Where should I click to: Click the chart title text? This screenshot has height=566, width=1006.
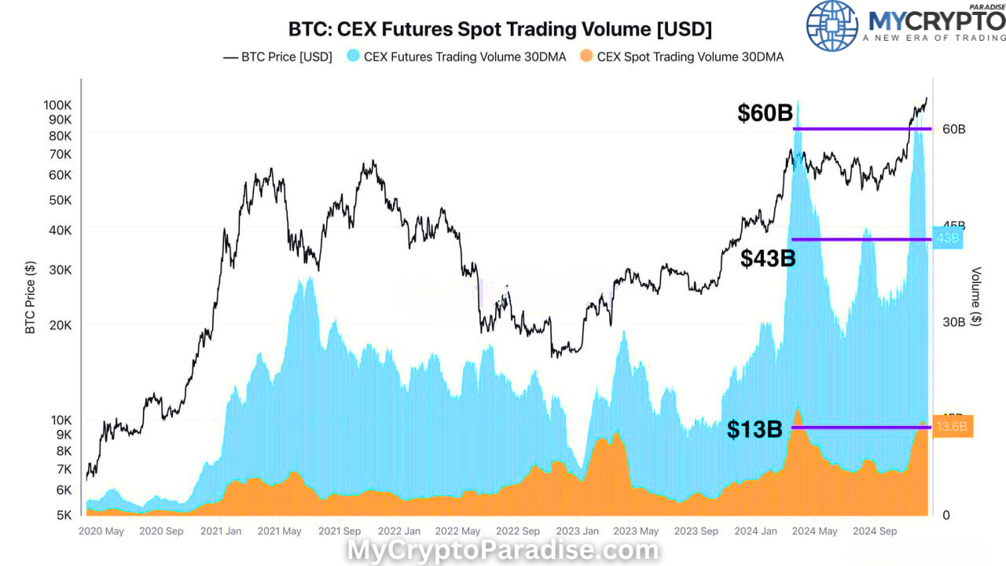tap(500, 30)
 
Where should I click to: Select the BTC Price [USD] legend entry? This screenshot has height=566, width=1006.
tap(278, 57)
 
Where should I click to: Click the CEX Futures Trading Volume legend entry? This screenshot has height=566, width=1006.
tap(456, 57)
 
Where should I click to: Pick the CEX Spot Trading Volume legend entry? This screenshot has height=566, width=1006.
tap(681, 57)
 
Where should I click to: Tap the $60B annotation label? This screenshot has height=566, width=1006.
tap(765, 114)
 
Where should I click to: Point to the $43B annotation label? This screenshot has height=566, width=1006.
tap(768, 258)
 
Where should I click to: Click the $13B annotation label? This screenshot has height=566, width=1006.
tap(754, 429)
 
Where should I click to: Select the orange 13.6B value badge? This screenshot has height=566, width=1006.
tap(952, 427)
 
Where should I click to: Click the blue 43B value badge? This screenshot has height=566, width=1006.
tap(947, 238)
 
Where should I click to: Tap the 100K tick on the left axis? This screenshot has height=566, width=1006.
tap(57, 105)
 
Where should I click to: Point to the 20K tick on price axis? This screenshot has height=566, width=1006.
tap(60, 325)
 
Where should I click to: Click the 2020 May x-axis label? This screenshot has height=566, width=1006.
tap(101, 531)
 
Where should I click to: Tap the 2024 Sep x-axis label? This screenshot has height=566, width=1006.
tap(875, 531)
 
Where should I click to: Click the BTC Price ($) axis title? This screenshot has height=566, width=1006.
tap(31, 298)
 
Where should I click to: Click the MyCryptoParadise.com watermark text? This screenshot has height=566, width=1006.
tap(503, 550)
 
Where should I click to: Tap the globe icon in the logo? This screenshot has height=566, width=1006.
tap(832, 25)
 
